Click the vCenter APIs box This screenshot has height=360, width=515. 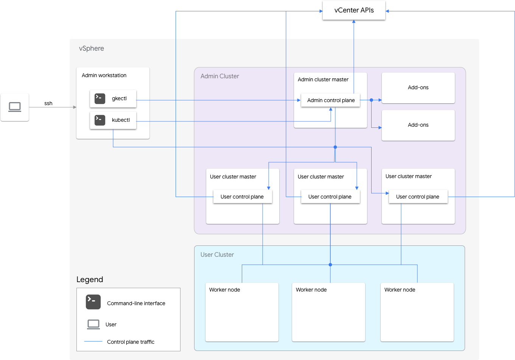(x=354, y=10)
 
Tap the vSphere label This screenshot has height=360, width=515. (x=91, y=48)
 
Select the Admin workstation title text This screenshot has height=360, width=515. (x=104, y=75)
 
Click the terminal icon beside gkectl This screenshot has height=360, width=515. (x=100, y=99)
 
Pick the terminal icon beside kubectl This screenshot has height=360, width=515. (x=100, y=120)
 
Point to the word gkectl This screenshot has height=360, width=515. (x=119, y=99)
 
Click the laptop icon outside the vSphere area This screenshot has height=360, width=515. (x=15, y=107)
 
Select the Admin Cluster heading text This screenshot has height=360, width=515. (x=220, y=76)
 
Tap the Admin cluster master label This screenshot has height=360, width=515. (x=323, y=79)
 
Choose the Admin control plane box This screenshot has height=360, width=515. (x=331, y=100)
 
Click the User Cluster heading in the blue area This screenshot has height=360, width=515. (x=217, y=254)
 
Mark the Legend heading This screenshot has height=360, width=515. (x=90, y=279)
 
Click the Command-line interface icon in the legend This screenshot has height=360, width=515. (x=93, y=302)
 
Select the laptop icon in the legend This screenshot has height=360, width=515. (x=93, y=324)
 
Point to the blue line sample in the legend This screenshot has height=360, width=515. (x=93, y=341)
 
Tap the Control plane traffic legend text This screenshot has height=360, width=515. (x=131, y=342)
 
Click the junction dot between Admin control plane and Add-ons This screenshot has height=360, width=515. (x=371, y=100)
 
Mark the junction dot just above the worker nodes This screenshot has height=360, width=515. (x=330, y=265)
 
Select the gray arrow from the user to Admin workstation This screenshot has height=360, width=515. (x=53, y=107)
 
